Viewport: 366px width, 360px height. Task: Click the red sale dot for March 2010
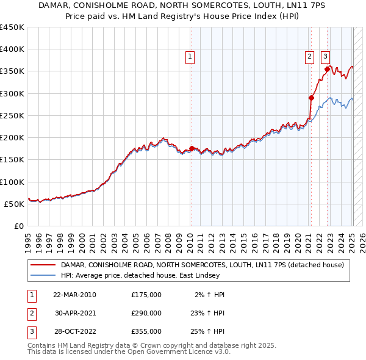(192, 148)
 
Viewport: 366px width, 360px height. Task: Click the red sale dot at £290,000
(311, 98)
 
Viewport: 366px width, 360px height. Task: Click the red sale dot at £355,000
(328, 69)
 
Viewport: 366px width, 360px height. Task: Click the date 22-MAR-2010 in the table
(74, 295)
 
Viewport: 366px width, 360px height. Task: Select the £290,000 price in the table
(146, 313)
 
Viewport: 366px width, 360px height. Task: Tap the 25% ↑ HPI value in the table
(207, 331)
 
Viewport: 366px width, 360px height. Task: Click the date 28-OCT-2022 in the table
(74, 331)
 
